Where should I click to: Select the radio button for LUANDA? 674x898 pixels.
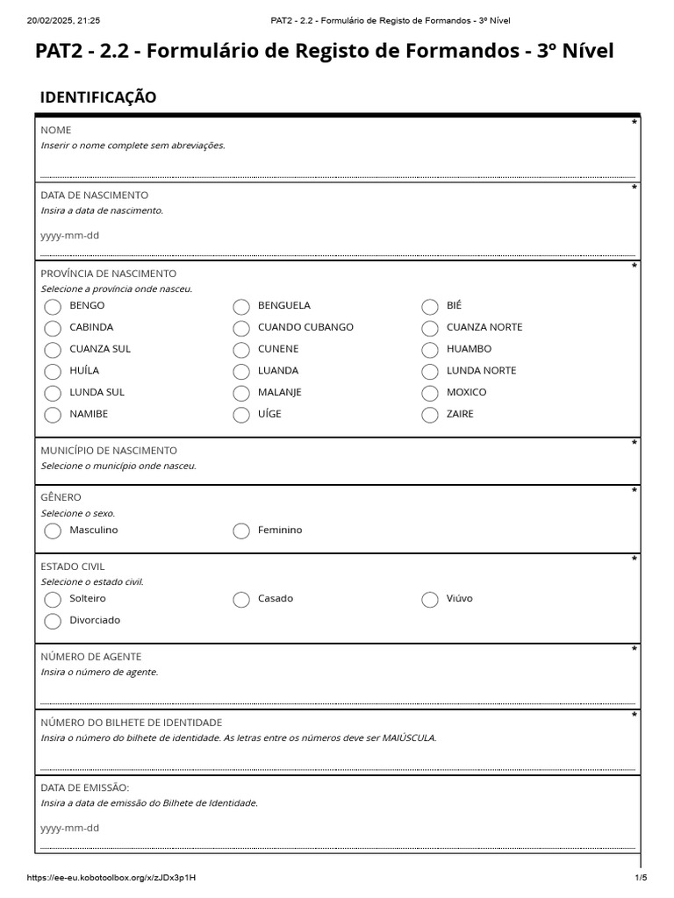[x=241, y=372]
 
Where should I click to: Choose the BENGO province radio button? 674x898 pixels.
[x=53, y=307]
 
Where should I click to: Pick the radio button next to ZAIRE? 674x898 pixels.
[x=430, y=415]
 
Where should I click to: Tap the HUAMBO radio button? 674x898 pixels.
[x=430, y=350]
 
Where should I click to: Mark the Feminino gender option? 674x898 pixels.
[x=241, y=531]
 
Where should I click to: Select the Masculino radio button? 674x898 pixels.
[x=53, y=531]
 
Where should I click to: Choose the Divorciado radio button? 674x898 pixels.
[x=53, y=621]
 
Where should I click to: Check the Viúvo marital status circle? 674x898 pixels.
[x=430, y=600]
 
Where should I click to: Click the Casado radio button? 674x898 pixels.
[x=241, y=600]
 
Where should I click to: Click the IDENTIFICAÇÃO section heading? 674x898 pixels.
[x=98, y=97]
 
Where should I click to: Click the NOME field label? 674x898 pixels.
[x=56, y=130]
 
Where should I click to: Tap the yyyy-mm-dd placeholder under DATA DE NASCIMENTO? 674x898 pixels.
[x=70, y=235]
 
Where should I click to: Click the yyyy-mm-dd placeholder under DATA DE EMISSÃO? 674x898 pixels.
[x=70, y=828]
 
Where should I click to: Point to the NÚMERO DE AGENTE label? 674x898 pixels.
[x=91, y=657]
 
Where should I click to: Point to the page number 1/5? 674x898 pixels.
[x=641, y=878]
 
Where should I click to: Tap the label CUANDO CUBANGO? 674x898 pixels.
[x=305, y=327]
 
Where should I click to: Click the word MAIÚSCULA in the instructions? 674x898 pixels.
[x=408, y=738]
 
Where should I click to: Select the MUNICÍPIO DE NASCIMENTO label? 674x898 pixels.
[x=109, y=451]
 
